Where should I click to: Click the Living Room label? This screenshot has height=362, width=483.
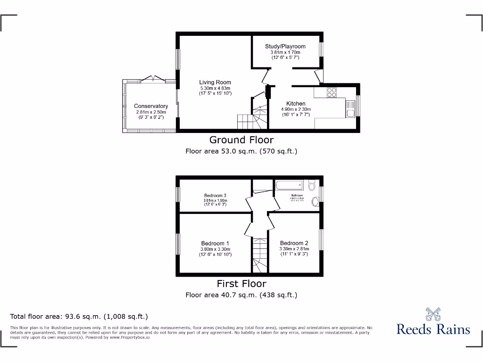[x=215, y=82]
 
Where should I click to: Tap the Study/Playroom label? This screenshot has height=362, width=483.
[x=285, y=46]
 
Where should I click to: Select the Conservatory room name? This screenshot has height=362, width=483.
[x=151, y=106]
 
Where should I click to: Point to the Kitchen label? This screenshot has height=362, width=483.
[x=296, y=104]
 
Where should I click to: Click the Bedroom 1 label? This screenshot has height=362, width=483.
[x=215, y=244]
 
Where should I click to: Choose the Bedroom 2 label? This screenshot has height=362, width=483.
[x=294, y=243]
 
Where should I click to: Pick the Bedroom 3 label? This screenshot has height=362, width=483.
[x=215, y=195]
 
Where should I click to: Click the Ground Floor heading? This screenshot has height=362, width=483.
[x=241, y=140]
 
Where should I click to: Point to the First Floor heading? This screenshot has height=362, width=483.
[x=241, y=283]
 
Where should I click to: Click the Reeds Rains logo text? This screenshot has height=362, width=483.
[x=433, y=329]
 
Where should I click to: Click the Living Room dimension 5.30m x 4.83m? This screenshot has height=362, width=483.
[x=215, y=88]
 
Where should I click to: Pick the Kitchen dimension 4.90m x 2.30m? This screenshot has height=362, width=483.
[x=296, y=109]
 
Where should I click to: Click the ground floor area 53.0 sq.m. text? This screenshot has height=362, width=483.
[x=241, y=151]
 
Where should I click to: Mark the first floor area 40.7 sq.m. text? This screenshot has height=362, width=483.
[x=241, y=295]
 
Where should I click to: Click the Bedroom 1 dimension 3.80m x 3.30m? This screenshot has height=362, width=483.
[x=215, y=249]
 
